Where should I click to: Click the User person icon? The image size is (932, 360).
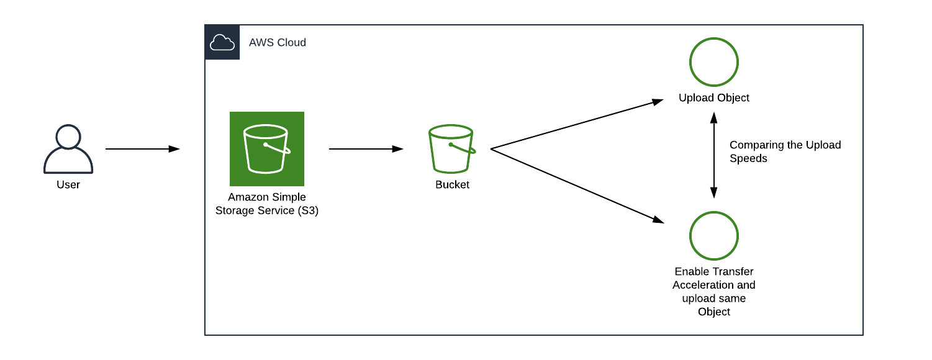[x=68, y=149]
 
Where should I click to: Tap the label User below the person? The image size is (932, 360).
[x=68, y=184]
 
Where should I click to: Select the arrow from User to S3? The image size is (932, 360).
[x=142, y=149]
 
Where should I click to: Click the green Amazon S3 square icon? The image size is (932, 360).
[x=267, y=149]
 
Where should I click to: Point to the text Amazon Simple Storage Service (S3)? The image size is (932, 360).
[x=267, y=204]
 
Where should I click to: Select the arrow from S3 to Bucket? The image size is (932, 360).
[x=366, y=149]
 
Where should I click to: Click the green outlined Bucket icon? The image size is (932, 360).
[x=451, y=149]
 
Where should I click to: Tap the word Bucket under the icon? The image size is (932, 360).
[x=452, y=184]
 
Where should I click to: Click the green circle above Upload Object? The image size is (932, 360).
[x=714, y=62]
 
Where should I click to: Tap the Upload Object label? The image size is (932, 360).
[x=714, y=97]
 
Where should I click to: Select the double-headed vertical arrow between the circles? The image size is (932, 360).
[x=714, y=155]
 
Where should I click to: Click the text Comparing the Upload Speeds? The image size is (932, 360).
[x=785, y=151]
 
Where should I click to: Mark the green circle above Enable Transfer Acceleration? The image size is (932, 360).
[x=714, y=236]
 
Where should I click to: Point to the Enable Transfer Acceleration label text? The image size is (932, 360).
[x=714, y=291]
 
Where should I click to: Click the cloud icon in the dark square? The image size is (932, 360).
[x=222, y=43]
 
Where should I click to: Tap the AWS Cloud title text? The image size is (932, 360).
[x=278, y=43]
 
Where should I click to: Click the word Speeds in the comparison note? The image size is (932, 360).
[x=748, y=158]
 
